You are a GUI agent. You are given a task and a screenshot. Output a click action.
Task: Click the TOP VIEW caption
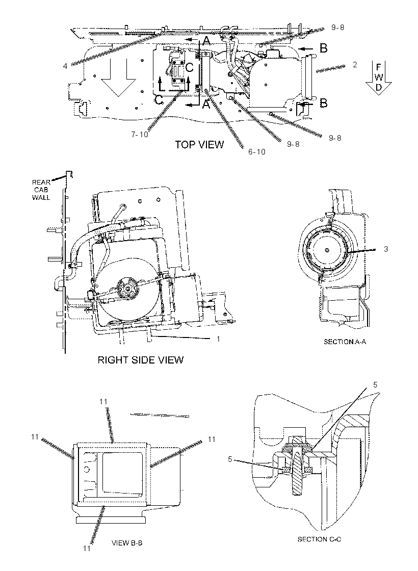(x=199, y=145)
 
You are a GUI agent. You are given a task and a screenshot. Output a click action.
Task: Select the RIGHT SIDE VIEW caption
(x=141, y=360)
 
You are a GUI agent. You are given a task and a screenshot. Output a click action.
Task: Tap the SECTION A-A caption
(x=345, y=342)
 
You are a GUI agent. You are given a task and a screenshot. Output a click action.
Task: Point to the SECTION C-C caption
(x=319, y=539)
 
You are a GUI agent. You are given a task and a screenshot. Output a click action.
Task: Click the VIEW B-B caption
(x=127, y=543)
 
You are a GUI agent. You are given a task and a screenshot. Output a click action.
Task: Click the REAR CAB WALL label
(x=41, y=190)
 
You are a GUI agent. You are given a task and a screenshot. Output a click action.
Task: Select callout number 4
(x=65, y=66)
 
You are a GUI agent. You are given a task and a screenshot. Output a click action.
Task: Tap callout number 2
(x=355, y=65)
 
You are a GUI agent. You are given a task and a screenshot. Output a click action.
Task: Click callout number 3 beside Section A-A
(x=386, y=249)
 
